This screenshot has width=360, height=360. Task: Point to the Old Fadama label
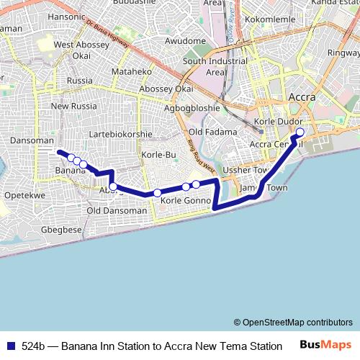[x=212, y=132]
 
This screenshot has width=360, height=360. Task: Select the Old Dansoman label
[x=114, y=210]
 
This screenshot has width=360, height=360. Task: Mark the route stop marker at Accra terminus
[x=300, y=132]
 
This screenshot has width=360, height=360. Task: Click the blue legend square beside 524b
[x=10, y=346]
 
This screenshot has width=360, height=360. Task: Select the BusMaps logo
[x=325, y=345]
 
